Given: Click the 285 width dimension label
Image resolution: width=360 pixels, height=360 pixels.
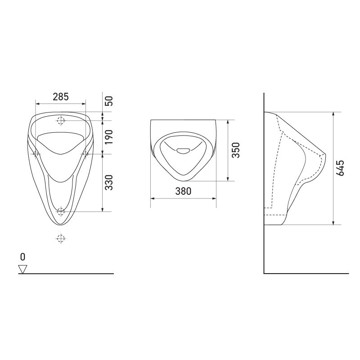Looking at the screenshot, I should tap(61, 96).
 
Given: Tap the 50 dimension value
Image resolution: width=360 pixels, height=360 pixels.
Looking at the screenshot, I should tap(108, 101).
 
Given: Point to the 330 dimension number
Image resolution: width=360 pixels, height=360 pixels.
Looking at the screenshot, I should tap(108, 182).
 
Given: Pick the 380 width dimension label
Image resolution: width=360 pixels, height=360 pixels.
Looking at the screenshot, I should tap(184, 191).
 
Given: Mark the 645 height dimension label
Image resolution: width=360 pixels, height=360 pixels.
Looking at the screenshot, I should tap(340, 167).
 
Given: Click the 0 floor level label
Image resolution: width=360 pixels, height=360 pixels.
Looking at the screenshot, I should tap(22, 256).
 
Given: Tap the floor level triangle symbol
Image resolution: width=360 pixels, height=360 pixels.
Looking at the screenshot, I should tap(22, 269).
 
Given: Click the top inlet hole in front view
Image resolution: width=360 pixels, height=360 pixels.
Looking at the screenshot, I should tap(61, 120).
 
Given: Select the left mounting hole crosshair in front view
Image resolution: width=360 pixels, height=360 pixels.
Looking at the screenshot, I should tap(36, 153).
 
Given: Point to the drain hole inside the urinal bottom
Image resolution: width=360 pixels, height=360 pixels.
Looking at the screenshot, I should tap(61, 211).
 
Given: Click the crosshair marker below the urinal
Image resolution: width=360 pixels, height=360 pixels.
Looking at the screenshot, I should tap(61, 238).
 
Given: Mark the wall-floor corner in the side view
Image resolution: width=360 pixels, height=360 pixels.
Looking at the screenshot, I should tap(264, 273).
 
